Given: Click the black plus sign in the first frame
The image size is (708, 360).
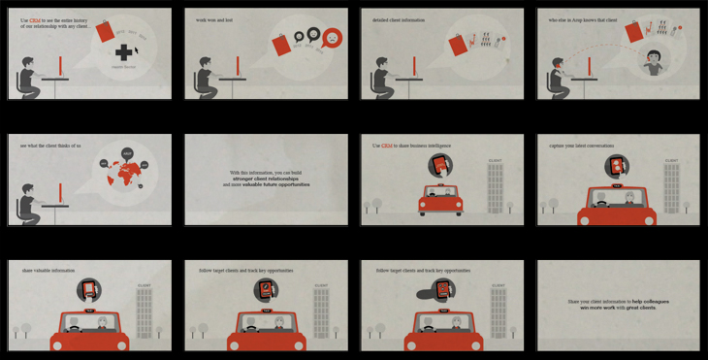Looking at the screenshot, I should [x=124, y=52].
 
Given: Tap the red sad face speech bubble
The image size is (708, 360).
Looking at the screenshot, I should [x=333, y=38].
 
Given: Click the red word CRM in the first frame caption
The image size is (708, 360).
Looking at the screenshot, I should [x=35, y=19].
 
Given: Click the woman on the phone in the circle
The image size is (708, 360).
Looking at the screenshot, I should [x=656, y=62].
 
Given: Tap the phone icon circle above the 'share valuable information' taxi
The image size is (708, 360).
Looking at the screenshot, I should [x=89, y=288].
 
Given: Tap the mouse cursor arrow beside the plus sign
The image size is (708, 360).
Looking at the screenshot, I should [x=137, y=49].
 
